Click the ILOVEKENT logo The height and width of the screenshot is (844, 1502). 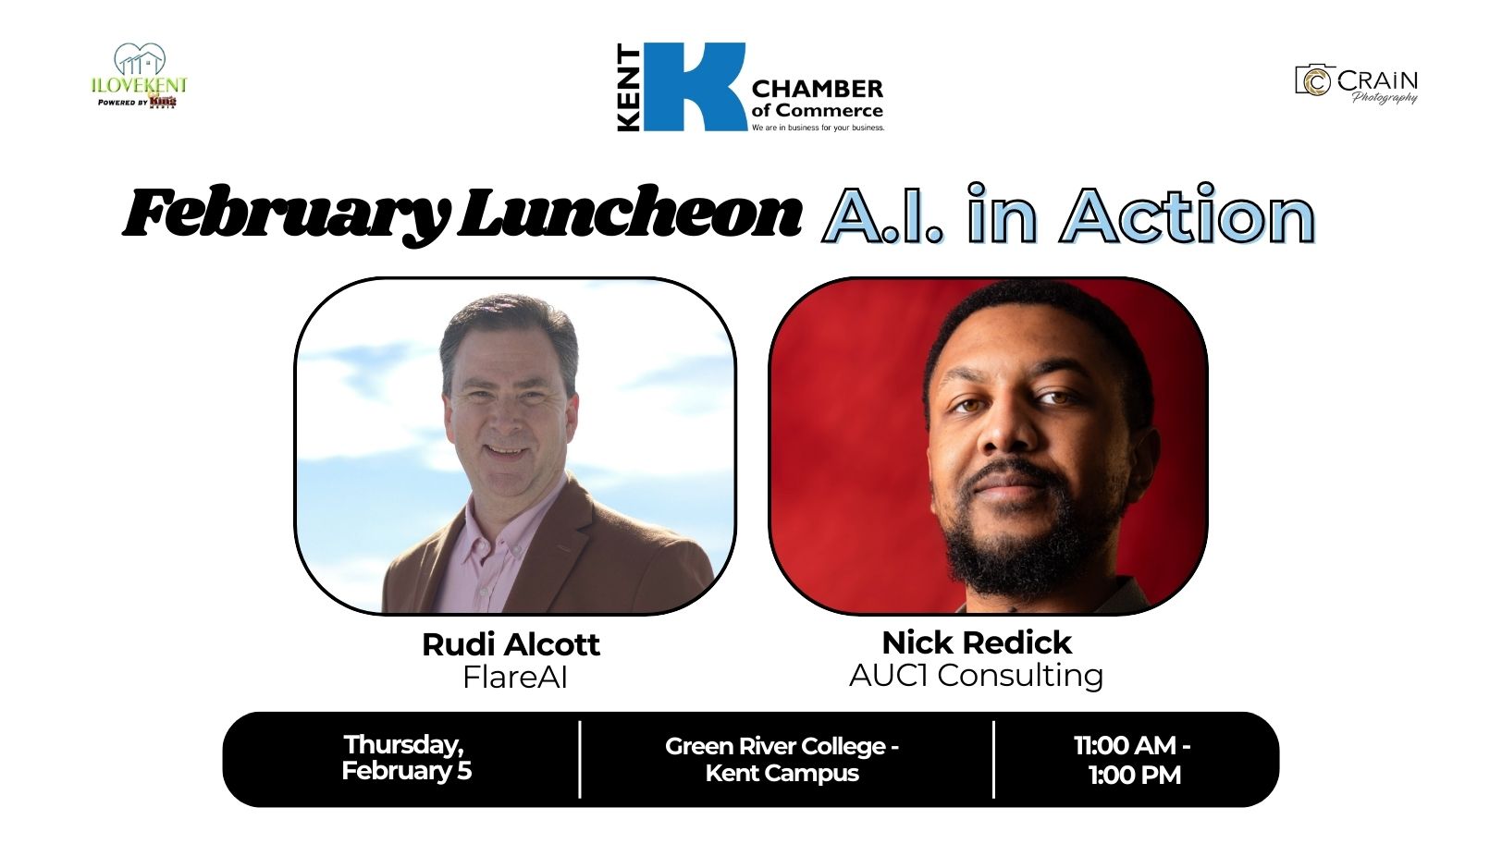pos(139,75)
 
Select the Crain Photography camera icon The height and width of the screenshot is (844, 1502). pos(1315,81)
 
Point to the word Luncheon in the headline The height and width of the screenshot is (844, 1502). pos(630,213)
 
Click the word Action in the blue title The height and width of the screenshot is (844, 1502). pos(1188,214)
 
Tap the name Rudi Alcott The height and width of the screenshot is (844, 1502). pos(511,644)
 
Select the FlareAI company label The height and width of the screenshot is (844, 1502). pos(515,677)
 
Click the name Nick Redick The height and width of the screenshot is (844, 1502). pos(977,642)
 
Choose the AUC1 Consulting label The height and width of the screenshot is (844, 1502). pos(977,675)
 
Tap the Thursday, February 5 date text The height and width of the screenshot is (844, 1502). pos(406,757)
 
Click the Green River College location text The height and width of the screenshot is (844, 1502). pos(782,760)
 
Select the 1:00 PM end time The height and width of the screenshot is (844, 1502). pos(1135,775)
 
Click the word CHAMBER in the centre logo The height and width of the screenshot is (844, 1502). pos(818,89)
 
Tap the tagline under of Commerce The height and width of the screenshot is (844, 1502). pos(818,128)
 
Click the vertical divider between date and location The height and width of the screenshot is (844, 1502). pos(579,760)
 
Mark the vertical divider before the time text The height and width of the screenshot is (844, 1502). pos(993,760)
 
